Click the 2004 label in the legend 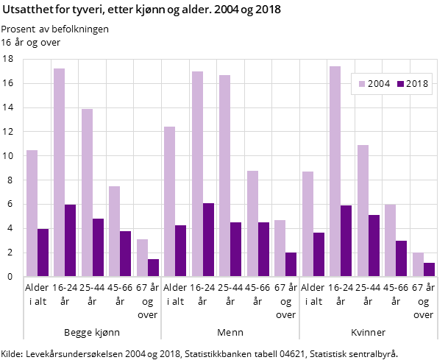pos(379,84)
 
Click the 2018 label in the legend pos(416,84)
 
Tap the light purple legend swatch pos(362,84)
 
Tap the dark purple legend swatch pos(400,84)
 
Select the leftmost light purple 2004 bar pos(32,213)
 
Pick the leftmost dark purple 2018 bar pos(43,253)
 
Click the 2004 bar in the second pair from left pos(59,172)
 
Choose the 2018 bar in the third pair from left pos(98,247)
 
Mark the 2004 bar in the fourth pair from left pos(114,231)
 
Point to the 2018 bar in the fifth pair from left pos(153,268)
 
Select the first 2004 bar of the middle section pos(169,202)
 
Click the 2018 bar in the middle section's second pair pos(208,240)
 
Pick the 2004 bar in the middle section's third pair pos(224,176)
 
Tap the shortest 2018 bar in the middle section pos(291,264)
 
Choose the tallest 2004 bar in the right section pos(335,172)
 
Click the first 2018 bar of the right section pos(319,255)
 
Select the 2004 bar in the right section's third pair pos(363,211)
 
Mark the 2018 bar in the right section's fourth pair pos(401,258)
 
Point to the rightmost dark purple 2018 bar pos(429,269)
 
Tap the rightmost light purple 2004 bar pos(418,264)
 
